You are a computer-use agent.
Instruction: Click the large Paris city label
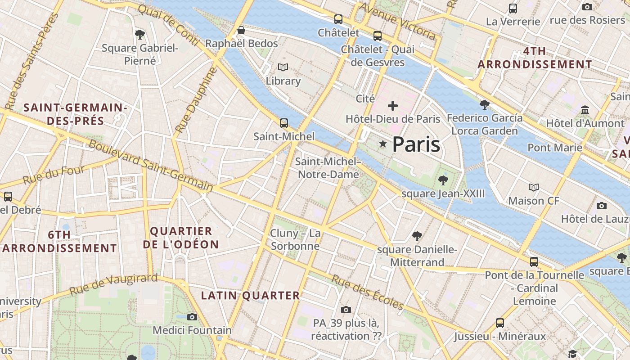(416, 144)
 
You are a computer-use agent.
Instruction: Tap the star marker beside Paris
(383, 144)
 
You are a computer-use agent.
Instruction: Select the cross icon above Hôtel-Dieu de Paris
(393, 106)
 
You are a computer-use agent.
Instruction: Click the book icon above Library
(283, 67)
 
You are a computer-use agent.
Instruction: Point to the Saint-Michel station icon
(283, 123)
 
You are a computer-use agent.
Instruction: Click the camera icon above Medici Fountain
(192, 317)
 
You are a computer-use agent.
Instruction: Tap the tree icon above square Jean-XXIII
(443, 180)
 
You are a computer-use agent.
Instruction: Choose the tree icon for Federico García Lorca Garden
(485, 105)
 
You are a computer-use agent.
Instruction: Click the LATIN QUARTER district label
(250, 296)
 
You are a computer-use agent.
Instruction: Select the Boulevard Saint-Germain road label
(150, 166)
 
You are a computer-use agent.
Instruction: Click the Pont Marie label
(555, 148)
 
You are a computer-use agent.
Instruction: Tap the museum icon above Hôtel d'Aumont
(585, 110)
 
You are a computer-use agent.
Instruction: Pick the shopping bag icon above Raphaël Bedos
(241, 30)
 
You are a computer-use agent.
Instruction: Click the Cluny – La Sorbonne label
(295, 239)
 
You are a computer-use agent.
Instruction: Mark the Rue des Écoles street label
(367, 292)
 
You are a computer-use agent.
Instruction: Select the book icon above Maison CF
(534, 187)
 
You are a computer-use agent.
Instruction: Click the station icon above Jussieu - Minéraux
(499, 323)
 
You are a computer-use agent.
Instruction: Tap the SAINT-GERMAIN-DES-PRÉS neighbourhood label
(75, 114)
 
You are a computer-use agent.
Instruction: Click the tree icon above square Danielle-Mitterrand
(417, 236)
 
